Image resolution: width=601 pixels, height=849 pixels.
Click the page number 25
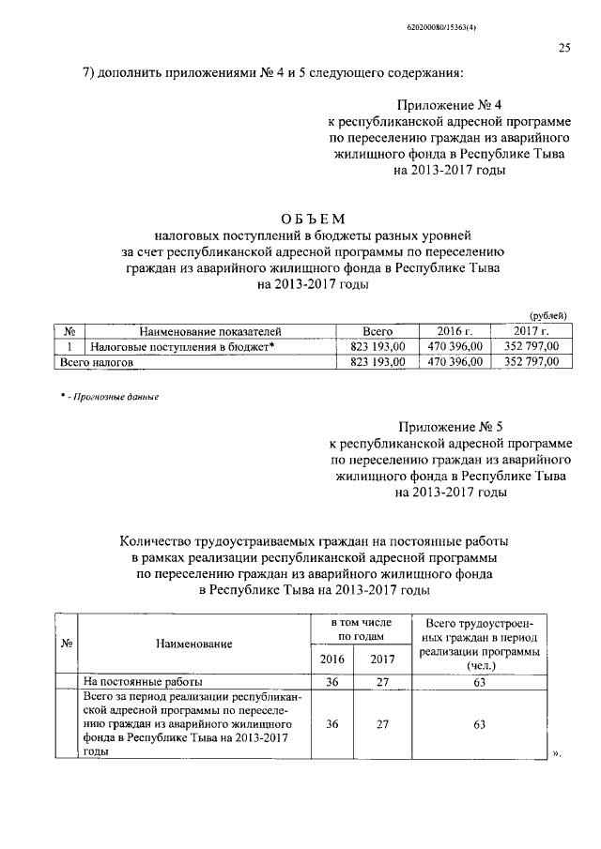(x=564, y=49)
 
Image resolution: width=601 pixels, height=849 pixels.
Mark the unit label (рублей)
(x=548, y=317)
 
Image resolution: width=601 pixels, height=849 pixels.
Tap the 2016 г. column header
(x=455, y=332)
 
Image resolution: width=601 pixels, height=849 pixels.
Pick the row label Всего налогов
(x=97, y=360)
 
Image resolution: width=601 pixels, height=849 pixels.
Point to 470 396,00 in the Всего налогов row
(x=455, y=360)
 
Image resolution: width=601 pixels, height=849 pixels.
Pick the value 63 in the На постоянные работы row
(x=480, y=682)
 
